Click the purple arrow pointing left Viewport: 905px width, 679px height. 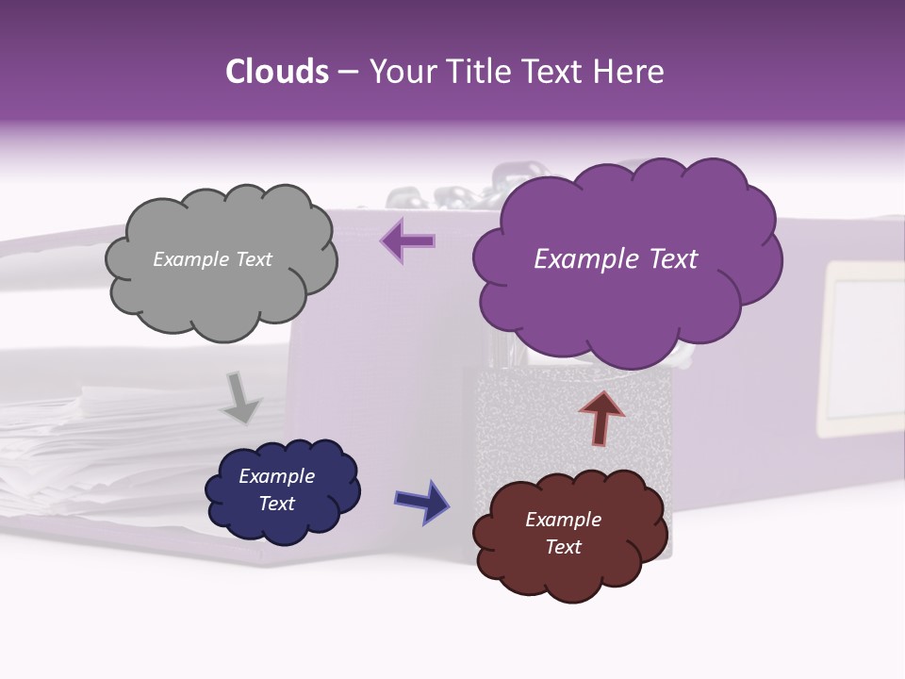click(408, 240)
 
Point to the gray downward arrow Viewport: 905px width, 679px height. click(240, 397)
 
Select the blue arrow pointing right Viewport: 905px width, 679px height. click(422, 501)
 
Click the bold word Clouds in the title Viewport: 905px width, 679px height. click(276, 72)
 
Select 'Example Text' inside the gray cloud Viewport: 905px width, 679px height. click(212, 259)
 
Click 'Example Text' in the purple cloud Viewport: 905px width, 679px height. click(616, 259)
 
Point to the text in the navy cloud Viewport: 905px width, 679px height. click(276, 489)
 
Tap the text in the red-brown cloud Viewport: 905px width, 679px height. click(563, 533)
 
